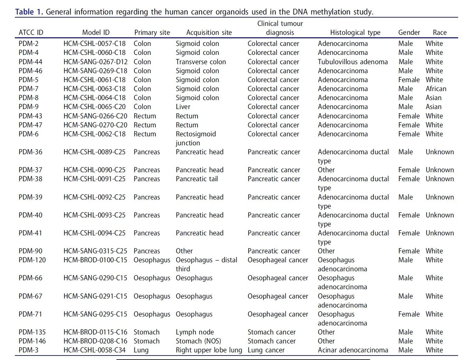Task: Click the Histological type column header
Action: (355, 32)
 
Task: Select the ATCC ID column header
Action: (31, 32)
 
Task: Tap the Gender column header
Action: (409, 32)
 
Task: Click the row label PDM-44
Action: (30, 62)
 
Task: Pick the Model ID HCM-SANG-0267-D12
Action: (95, 62)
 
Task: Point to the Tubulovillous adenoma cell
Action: (352, 62)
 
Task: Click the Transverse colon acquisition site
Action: (200, 62)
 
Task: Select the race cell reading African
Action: (436, 89)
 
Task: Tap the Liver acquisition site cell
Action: (183, 107)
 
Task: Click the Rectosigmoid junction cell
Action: (196, 138)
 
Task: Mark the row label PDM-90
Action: (30, 251)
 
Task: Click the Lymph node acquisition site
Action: (195, 332)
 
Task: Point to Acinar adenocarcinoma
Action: (353, 350)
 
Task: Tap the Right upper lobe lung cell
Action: (209, 350)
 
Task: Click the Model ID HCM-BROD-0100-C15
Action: (95, 260)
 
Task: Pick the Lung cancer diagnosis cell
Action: (266, 350)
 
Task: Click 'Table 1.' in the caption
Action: (29, 12)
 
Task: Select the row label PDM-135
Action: (32, 332)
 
